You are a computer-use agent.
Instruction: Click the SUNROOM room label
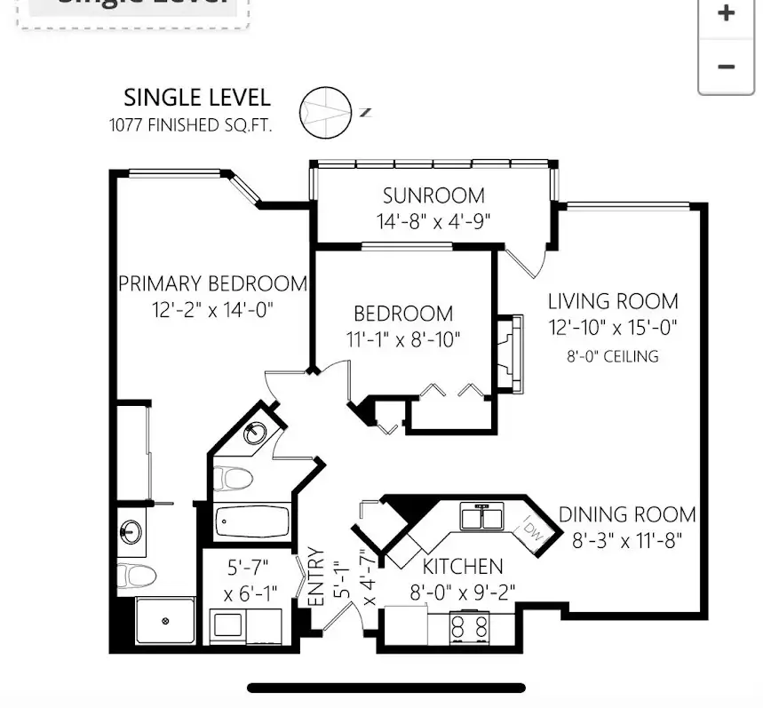coord(433,195)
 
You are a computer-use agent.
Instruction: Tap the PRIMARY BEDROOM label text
coord(212,283)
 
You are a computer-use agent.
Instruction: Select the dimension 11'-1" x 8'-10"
coord(403,339)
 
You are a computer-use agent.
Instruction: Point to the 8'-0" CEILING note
coord(613,357)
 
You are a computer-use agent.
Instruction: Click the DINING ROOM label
coord(627,515)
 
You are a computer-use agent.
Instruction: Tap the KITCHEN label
coord(462,567)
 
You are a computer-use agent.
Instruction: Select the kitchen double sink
coord(481,516)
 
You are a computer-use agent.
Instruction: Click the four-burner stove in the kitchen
coord(470,627)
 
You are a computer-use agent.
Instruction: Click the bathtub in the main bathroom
coord(251,522)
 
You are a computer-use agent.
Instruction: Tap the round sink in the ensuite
coord(131,531)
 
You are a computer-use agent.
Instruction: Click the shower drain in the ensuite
coord(165,621)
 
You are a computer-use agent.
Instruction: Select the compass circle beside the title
coord(325,113)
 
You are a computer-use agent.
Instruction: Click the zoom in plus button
coord(726,13)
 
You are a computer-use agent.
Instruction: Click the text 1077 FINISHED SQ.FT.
coord(190,125)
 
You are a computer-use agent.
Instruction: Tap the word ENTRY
coord(316,577)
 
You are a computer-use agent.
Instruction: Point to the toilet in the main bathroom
coord(233,479)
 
